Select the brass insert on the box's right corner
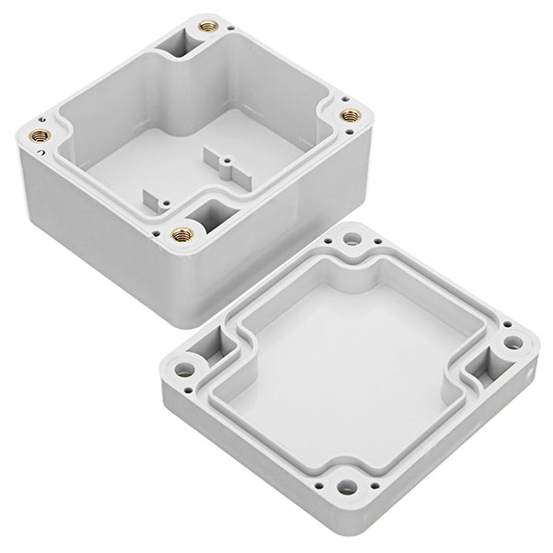click(x=352, y=116)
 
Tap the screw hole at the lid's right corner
click(x=513, y=344)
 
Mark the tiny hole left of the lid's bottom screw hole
click(x=319, y=477)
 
